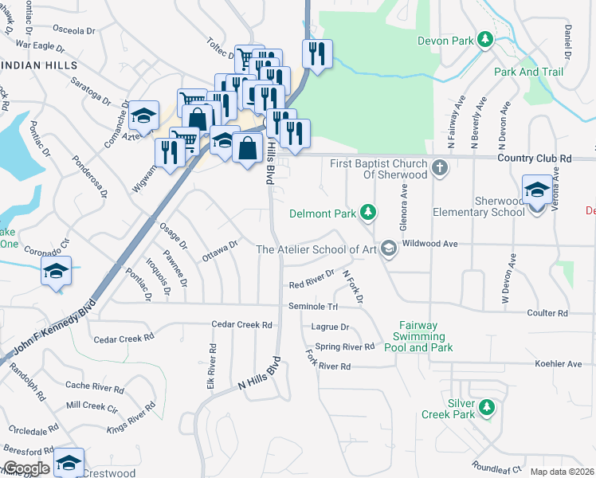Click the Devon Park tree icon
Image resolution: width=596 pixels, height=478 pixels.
[x=484, y=40]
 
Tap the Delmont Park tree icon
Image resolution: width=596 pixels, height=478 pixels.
[x=367, y=213]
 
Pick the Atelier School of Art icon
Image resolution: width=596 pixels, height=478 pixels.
[x=388, y=249]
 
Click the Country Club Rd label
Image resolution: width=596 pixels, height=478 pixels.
[x=534, y=159]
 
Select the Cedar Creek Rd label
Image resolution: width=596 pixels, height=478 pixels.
[x=242, y=325]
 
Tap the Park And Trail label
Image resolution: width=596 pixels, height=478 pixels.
[x=528, y=72]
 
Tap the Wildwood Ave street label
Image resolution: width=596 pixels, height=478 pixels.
[x=429, y=243]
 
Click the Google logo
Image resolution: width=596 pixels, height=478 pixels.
[x=26, y=468]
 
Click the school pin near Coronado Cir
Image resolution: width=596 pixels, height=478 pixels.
[x=57, y=271]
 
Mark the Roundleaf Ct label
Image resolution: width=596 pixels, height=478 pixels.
[x=496, y=468]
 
